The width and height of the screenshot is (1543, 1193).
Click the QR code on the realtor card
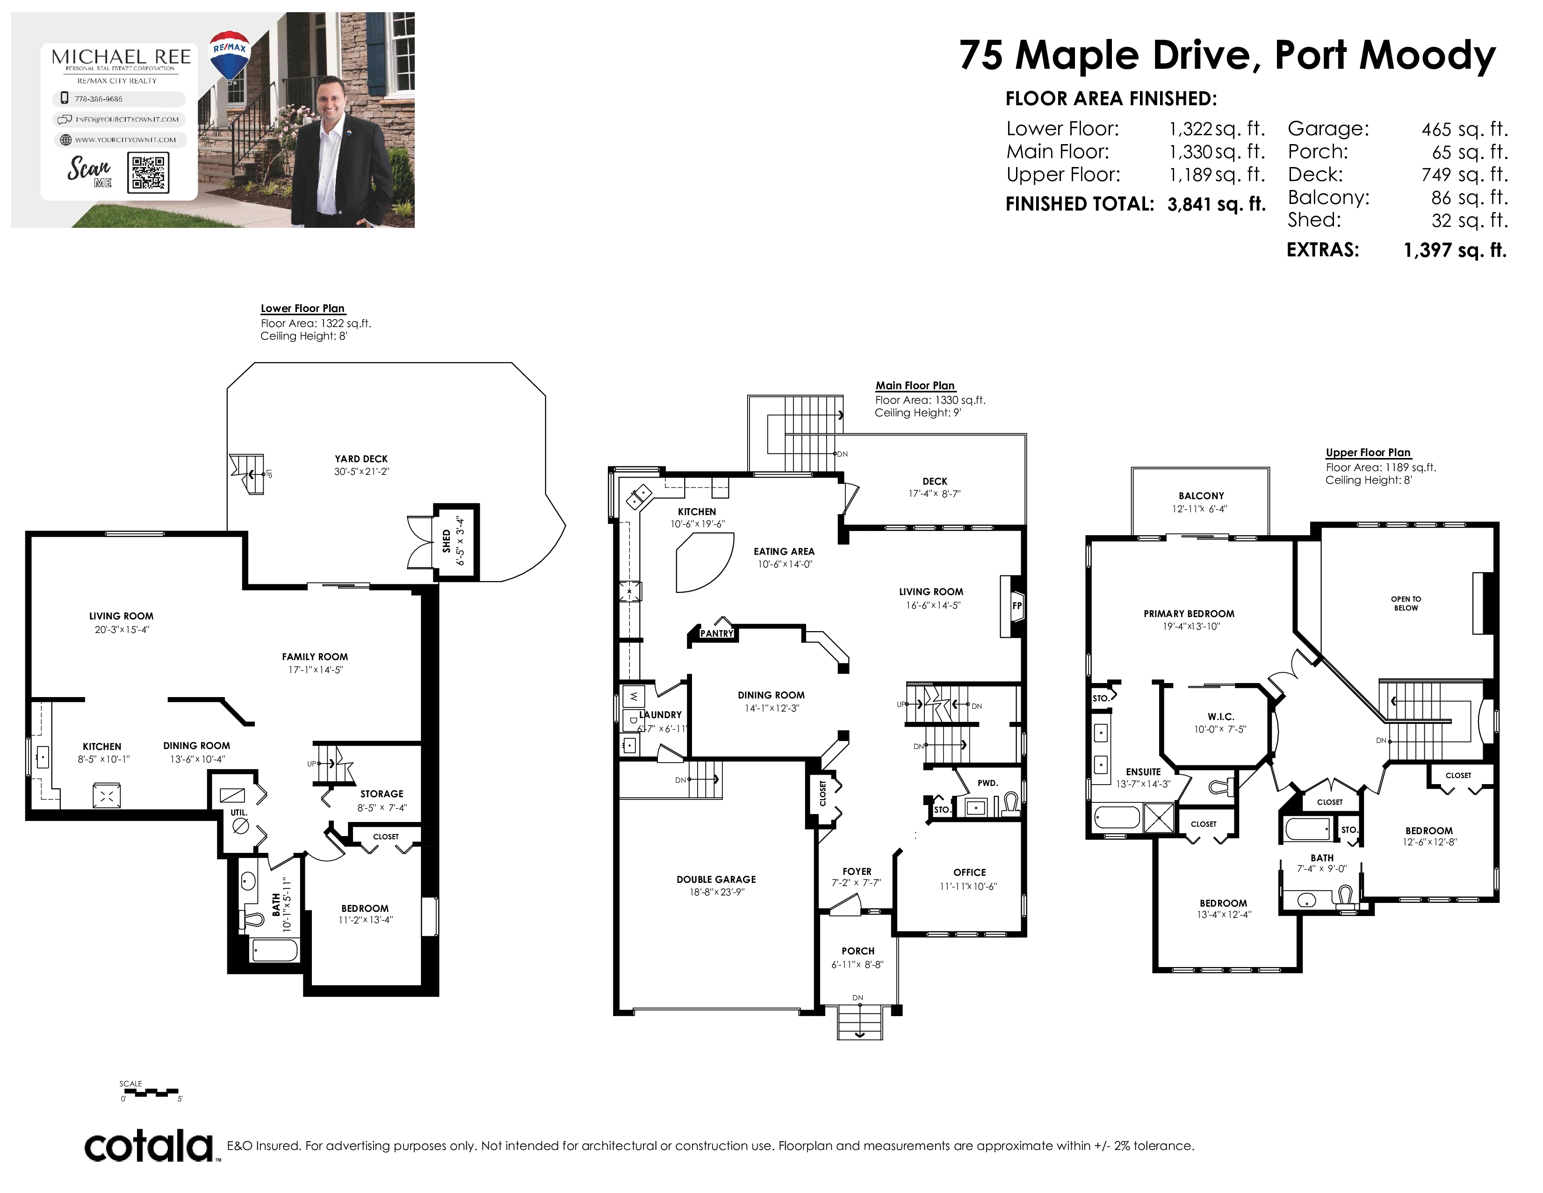[148, 173]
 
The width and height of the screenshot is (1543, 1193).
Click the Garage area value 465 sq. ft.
[1464, 129]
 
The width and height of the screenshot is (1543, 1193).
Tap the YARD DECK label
[361, 458]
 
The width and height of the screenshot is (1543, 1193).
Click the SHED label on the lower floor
[447, 541]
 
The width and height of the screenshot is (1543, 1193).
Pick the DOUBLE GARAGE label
[716, 879]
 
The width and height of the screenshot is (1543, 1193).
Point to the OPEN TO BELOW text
[1406, 604]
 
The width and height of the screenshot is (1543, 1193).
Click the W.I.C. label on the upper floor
[1221, 717]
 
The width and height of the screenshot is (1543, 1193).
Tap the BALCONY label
[1201, 496]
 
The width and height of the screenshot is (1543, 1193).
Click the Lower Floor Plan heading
[303, 308]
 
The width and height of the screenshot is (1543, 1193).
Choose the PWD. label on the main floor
[988, 783]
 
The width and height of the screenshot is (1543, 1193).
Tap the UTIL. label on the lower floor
[239, 812]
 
